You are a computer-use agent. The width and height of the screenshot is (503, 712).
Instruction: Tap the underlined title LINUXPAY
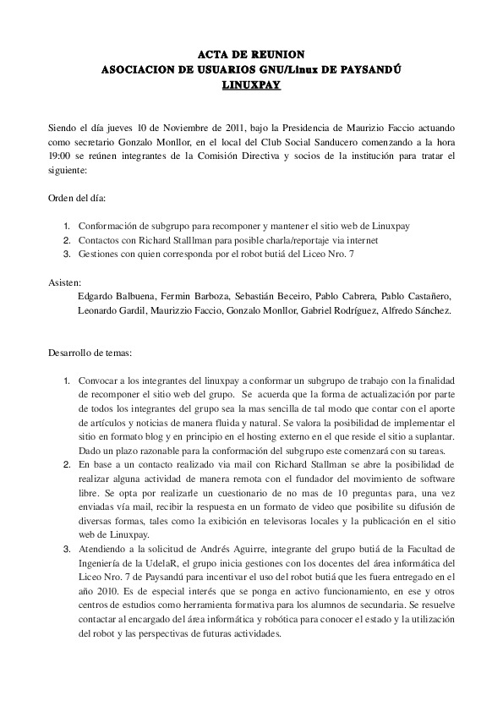(x=251, y=85)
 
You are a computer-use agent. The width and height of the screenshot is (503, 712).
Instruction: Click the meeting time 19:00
(x=60, y=156)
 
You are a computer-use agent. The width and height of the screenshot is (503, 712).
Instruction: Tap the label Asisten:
(x=64, y=282)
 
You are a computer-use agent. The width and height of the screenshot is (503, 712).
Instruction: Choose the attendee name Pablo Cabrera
(x=344, y=296)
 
